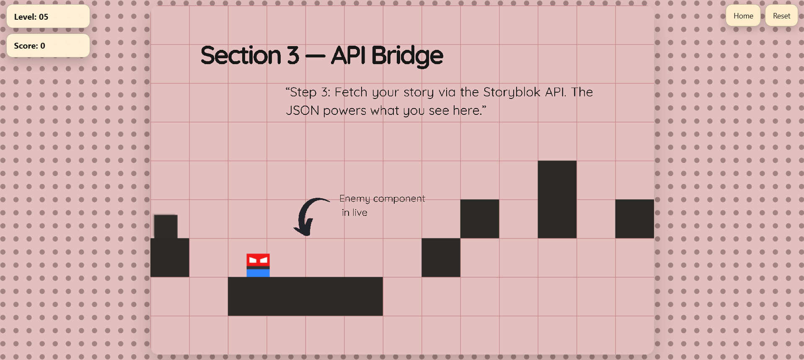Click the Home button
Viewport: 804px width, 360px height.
[x=743, y=16]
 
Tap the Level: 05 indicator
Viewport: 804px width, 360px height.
[x=48, y=17]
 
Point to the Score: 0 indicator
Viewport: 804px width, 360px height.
[x=48, y=46]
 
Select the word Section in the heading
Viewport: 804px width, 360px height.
[x=241, y=56]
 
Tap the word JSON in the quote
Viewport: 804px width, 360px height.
[x=302, y=111]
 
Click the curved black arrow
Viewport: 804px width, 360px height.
[x=309, y=216]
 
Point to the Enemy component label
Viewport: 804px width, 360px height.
[x=382, y=199]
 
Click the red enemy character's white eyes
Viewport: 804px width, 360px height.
[x=258, y=260]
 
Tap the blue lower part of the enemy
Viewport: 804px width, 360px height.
[x=258, y=273]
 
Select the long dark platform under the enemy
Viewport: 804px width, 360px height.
[x=305, y=296]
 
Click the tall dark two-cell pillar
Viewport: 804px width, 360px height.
[x=557, y=199]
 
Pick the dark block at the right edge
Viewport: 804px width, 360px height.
[x=634, y=219]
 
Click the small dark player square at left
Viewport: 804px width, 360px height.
[x=166, y=227]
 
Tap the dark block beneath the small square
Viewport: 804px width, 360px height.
[x=170, y=258]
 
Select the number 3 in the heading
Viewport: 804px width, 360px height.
[x=293, y=56]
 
